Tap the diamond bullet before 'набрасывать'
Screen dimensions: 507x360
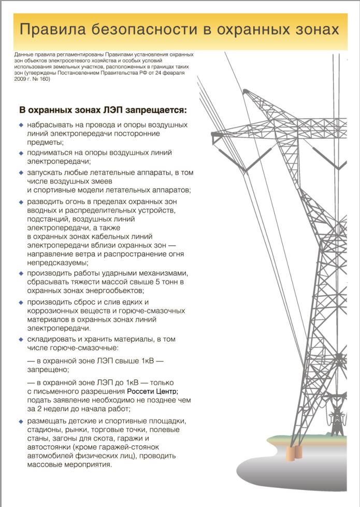(21, 125)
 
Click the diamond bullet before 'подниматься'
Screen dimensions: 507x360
(21, 153)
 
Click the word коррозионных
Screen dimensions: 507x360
(54, 311)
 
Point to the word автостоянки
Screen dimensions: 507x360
(49, 447)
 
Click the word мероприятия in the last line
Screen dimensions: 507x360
(83, 465)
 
